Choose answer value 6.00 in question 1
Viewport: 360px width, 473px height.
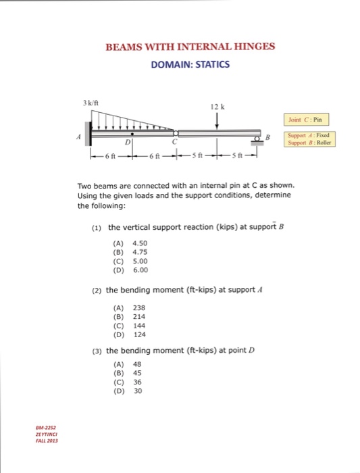pyautogui.click(x=140, y=270)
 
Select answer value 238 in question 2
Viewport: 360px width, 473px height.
pyautogui.click(x=140, y=307)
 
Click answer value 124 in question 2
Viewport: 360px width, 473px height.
pyautogui.click(x=140, y=334)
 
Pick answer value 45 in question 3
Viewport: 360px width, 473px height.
pyautogui.click(x=138, y=372)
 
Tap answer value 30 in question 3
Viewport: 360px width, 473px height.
pyautogui.click(x=138, y=390)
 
